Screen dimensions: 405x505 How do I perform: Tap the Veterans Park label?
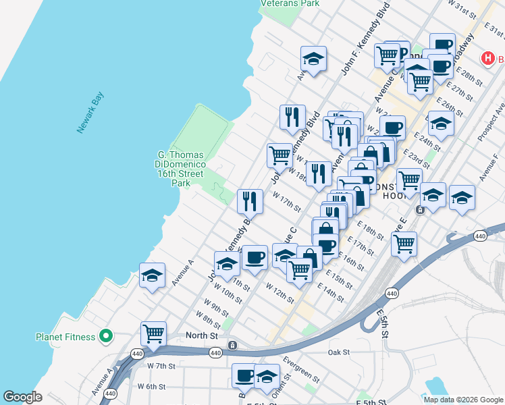point(290,3)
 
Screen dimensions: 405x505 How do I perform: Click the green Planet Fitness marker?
point(105,335)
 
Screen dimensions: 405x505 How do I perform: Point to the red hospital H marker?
point(487,59)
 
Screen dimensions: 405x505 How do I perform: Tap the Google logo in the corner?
point(23,396)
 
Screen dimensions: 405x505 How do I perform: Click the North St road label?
point(202,335)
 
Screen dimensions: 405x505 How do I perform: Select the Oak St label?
point(338,352)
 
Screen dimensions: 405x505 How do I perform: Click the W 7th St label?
point(161,366)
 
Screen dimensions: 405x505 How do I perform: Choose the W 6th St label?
point(152,387)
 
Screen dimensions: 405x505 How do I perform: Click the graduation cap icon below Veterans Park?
point(313,59)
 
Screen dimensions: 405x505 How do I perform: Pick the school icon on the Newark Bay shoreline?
point(153,275)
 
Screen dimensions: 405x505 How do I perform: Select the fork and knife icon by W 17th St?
point(250,200)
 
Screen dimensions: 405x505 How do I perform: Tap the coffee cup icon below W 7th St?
point(244,376)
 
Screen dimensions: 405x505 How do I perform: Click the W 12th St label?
point(280,295)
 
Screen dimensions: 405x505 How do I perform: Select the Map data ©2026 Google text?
point(463,400)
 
